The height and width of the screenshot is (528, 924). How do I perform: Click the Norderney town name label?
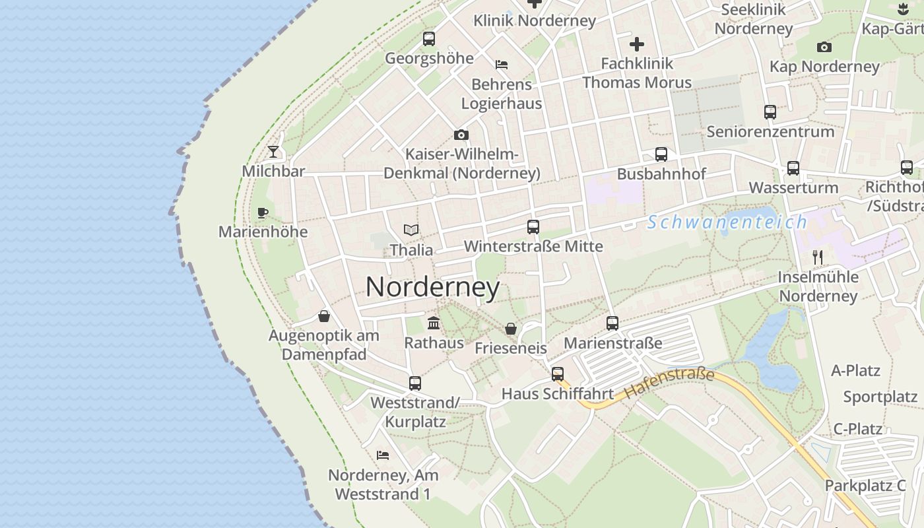[x=432, y=287]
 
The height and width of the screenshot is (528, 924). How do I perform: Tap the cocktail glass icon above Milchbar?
[x=273, y=152]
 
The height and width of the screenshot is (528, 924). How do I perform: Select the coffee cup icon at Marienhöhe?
[x=263, y=213]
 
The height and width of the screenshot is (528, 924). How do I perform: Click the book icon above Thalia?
[x=411, y=230]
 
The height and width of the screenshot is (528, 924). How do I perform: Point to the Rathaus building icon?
[x=434, y=323]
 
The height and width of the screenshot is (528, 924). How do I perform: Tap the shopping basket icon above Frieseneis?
[x=510, y=328]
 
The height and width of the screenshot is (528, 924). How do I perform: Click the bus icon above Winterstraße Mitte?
[x=533, y=227]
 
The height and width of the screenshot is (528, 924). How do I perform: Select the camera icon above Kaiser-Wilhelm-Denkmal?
[x=461, y=135]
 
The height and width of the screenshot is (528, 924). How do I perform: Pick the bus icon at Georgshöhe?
[x=429, y=39]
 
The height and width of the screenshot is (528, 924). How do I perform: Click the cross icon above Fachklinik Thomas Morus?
[x=637, y=44]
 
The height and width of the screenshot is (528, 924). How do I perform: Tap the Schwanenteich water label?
[x=727, y=222]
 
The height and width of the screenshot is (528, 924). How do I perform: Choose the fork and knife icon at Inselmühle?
[x=818, y=257]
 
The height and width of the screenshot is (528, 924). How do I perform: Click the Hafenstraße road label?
[x=669, y=383]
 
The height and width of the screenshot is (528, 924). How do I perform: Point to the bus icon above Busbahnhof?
[x=661, y=154]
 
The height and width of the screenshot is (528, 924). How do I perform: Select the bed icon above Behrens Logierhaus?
[x=502, y=65]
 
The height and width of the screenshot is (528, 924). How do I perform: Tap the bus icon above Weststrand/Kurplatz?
[x=415, y=383]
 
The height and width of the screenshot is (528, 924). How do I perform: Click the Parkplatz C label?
[x=865, y=486]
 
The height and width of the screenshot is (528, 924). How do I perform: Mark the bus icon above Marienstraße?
[x=612, y=323]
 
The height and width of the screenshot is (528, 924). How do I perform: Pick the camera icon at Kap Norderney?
[x=824, y=47]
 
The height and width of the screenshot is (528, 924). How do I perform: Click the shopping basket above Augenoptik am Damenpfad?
[x=323, y=316]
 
